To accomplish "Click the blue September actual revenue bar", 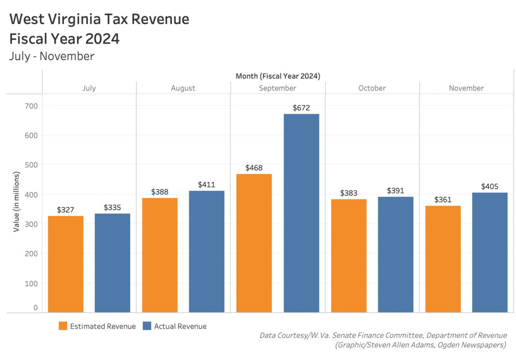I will [301, 213].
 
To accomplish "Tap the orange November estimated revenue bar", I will [443, 259].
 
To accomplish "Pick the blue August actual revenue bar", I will [207, 251].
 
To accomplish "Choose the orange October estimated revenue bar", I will [349, 255].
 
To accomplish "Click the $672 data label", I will [301, 108].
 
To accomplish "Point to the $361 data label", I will [443, 199].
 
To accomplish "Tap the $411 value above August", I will [206, 185].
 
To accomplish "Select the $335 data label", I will [112, 207].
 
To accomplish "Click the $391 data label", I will [395, 191].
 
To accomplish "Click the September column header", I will [277, 88].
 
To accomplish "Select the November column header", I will [466, 88].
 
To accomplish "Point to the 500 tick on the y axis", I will [31, 165].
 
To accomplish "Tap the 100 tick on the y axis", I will [31, 283].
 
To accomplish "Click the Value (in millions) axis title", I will [16, 202].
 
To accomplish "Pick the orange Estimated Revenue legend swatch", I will [63, 326].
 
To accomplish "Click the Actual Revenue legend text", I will [180, 326].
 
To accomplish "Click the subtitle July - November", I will [52, 56].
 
